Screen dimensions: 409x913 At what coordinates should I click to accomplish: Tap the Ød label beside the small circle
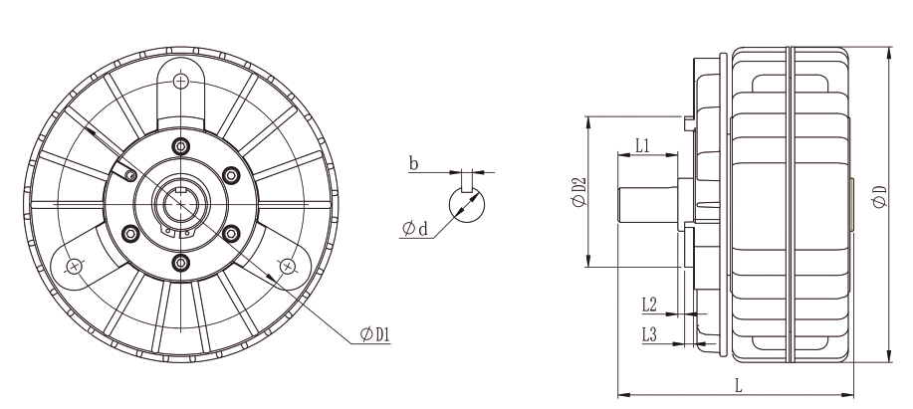(415, 230)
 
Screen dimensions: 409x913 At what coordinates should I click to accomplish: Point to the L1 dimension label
(642, 145)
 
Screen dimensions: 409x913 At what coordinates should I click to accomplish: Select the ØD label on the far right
(876, 197)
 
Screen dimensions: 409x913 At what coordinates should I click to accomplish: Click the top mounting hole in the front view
(180, 81)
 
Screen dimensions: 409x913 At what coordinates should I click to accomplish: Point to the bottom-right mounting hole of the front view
(288, 266)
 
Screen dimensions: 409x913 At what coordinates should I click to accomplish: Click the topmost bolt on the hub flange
(180, 146)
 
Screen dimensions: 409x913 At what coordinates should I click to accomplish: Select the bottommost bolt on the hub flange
(180, 262)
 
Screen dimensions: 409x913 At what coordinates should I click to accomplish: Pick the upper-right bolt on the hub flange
(231, 175)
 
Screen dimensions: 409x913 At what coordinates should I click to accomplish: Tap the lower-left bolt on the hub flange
(129, 233)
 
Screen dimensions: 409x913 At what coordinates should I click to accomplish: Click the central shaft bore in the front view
(180, 204)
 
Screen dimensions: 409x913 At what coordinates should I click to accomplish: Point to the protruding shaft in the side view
(646, 205)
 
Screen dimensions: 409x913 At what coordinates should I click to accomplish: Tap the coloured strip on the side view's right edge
(853, 205)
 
